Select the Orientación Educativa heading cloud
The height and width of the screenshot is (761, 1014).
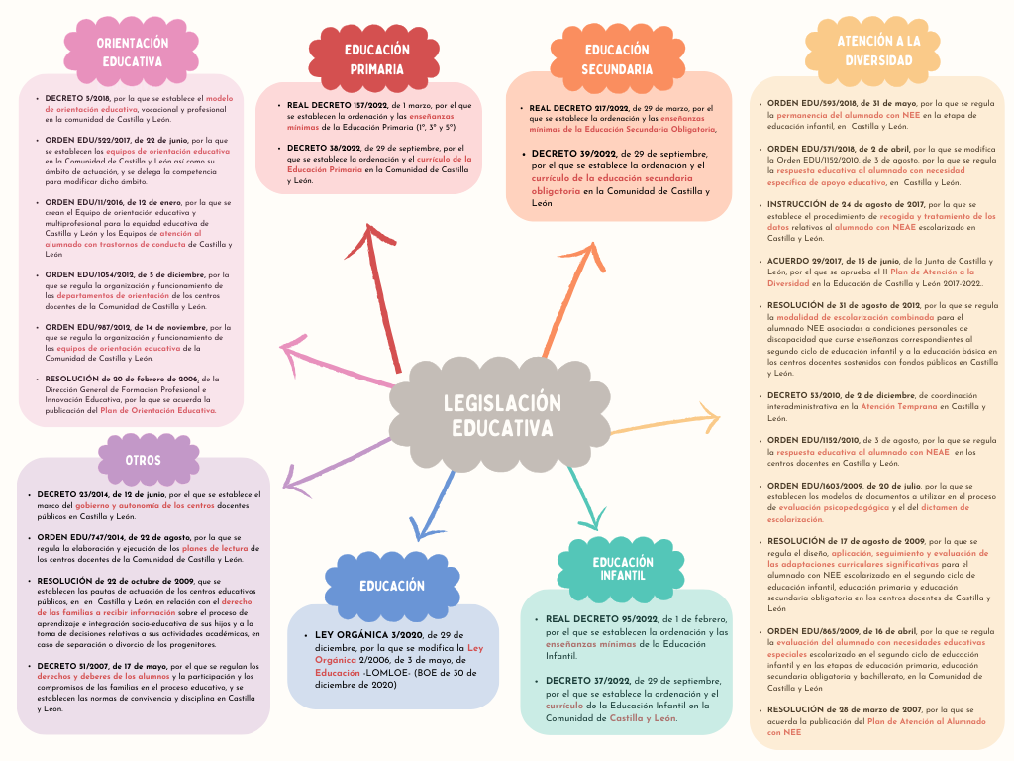[x=132, y=51]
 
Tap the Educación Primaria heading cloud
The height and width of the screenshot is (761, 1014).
[x=376, y=58]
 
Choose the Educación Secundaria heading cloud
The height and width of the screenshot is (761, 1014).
[x=616, y=58]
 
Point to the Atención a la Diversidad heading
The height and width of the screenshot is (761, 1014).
[x=878, y=50]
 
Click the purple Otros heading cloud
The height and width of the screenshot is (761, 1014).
[x=143, y=460]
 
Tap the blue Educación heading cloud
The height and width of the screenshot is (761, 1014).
[x=392, y=586]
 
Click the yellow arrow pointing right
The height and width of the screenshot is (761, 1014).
[x=663, y=421]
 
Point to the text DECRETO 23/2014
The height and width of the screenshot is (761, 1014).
[x=75, y=493]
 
